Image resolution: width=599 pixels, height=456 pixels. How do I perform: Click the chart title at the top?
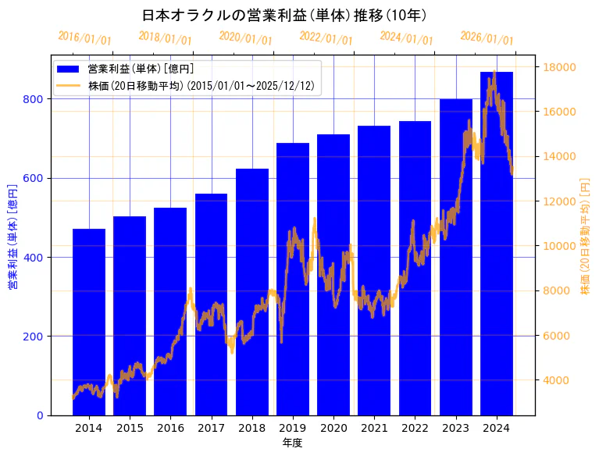284,15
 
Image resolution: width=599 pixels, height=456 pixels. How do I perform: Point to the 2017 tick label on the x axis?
211,428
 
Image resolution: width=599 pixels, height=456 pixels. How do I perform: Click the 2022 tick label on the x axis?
415,428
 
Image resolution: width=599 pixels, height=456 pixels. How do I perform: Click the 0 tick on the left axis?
40,415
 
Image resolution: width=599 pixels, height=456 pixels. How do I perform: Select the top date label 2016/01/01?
84,37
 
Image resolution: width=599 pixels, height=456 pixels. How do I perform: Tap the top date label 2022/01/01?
326,37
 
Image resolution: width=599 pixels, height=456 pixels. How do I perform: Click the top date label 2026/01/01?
487,37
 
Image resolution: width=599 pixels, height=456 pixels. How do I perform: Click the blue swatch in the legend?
68,69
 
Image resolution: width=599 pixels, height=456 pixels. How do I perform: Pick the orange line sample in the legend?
68,86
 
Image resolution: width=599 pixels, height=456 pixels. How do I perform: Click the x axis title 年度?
293,443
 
